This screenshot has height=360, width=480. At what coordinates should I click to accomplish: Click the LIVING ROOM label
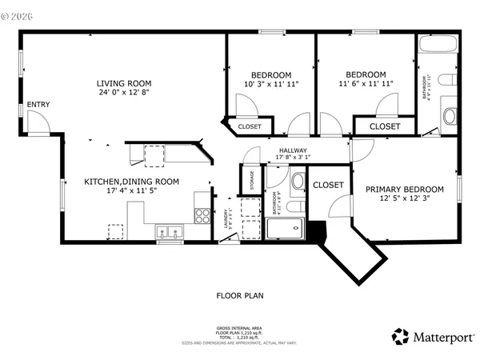tap(123, 83)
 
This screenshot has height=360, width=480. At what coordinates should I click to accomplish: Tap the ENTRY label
tap(38, 105)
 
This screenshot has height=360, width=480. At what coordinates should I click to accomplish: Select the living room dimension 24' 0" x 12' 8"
tap(123, 93)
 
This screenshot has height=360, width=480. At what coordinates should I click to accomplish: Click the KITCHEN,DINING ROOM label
tap(131, 182)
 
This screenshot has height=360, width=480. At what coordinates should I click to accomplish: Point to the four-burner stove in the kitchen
tap(202, 215)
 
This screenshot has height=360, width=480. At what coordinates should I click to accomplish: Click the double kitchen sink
tap(169, 232)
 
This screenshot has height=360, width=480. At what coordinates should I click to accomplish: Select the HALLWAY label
tap(294, 150)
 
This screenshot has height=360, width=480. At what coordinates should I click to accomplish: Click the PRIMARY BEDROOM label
tap(404, 190)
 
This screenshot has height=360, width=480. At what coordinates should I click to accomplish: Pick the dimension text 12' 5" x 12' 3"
tap(404, 199)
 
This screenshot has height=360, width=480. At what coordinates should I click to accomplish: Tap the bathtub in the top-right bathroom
tap(437, 45)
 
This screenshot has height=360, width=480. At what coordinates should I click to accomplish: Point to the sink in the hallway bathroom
tap(298, 181)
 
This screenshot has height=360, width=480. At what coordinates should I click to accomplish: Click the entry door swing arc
tap(38, 122)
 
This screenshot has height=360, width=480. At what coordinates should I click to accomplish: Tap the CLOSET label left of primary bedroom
tap(328, 185)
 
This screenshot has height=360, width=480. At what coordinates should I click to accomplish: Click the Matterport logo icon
tap(399, 337)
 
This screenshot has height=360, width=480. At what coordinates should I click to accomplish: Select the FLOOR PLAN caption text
tap(240, 295)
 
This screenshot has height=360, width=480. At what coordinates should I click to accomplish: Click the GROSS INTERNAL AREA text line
tap(240, 328)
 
